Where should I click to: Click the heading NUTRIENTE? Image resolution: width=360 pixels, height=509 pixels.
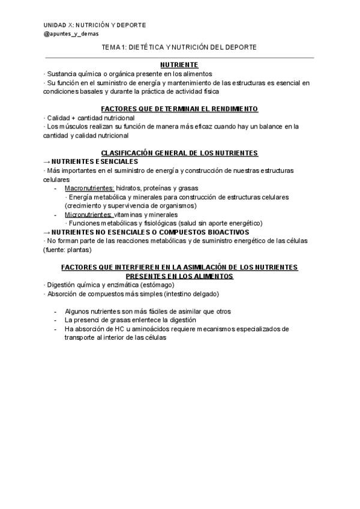click(x=179, y=64)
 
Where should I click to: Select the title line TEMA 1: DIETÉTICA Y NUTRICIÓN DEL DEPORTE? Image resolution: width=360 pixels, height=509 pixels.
click(x=179, y=46)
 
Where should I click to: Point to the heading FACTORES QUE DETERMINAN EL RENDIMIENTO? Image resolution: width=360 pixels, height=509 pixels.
click(x=179, y=109)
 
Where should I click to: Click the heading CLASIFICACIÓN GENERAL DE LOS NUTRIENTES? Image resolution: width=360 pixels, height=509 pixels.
click(x=179, y=153)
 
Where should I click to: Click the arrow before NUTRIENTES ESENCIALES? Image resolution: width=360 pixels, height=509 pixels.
click(x=47, y=161)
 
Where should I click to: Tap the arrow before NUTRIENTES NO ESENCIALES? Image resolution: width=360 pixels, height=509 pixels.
click(x=47, y=232)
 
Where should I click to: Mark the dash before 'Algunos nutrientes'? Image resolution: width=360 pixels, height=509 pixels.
click(x=56, y=312)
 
